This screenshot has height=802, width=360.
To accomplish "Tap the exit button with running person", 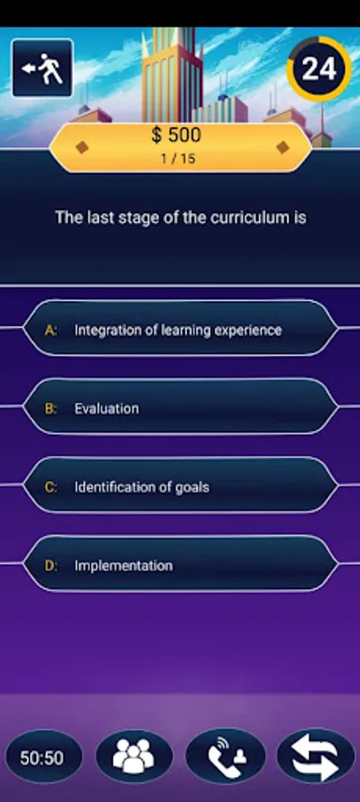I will coord(42,68).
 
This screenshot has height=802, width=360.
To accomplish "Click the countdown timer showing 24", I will coord(318,68).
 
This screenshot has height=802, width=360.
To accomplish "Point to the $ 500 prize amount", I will coord(176,135).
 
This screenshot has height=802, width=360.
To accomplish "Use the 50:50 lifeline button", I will coord(42,757).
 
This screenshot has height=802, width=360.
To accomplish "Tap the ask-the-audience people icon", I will coord(133,757).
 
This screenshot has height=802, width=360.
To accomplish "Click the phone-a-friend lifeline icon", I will coord(225,757).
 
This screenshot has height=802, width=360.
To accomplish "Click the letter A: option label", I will coord(52,330).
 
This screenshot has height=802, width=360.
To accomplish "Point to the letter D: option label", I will coord(52,565).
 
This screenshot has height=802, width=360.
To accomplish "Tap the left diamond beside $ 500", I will coord(82,147).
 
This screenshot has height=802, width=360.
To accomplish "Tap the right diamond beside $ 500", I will coord(283,147).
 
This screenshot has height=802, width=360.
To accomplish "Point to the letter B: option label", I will coord(52,408).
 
